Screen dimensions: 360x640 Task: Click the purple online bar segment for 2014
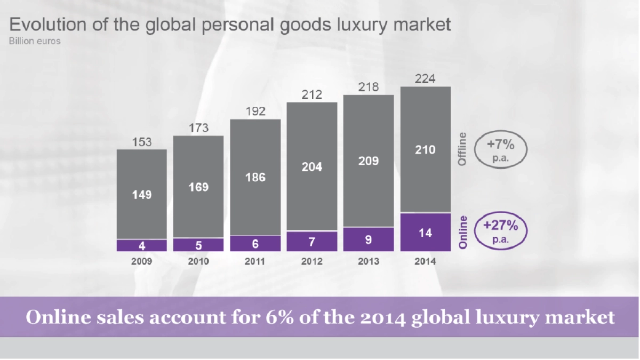click(x=425, y=232)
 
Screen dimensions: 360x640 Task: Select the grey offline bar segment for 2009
click(x=142, y=194)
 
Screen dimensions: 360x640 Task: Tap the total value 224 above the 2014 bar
click(x=425, y=79)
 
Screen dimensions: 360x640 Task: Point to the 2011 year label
click(x=255, y=261)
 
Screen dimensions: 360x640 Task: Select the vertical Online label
click(x=462, y=232)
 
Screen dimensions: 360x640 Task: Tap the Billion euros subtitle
click(x=34, y=41)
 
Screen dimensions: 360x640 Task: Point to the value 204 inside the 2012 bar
click(x=312, y=167)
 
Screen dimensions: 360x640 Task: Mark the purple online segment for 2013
click(x=369, y=239)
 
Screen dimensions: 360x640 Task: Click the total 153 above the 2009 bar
click(x=142, y=142)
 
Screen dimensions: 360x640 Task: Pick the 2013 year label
click(x=369, y=261)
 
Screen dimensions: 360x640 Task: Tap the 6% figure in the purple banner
click(x=277, y=317)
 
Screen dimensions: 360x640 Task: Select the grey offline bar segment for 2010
click(x=198, y=187)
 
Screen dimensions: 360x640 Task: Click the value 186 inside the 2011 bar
click(x=255, y=178)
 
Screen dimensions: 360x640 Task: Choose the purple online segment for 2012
click(x=312, y=241)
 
